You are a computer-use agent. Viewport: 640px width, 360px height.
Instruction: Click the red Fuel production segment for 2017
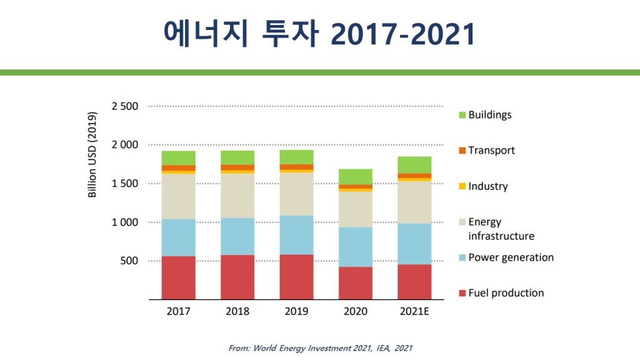click(x=178, y=277)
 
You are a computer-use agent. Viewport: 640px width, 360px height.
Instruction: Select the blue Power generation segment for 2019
click(x=296, y=235)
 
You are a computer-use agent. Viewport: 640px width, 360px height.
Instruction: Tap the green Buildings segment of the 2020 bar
click(x=355, y=176)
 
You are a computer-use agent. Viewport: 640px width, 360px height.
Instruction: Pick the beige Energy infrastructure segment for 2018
click(x=237, y=196)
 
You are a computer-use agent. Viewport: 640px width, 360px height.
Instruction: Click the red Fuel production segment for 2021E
click(x=414, y=282)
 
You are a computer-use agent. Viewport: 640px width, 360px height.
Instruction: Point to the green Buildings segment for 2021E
click(x=414, y=164)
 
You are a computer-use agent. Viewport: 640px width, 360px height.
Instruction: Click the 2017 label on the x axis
click(x=178, y=311)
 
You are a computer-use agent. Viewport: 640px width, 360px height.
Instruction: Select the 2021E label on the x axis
click(x=414, y=311)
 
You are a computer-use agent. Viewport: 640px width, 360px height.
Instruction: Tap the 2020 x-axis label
click(x=355, y=311)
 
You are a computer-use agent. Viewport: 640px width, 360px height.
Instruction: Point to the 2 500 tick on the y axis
click(x=124, y=106)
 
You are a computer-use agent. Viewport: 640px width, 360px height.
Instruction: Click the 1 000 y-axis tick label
click(x=124, y=222)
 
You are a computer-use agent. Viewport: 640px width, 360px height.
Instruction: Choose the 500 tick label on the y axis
click(x=129, y=261)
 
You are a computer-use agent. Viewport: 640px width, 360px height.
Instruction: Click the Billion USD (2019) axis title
click(x=92, y=154)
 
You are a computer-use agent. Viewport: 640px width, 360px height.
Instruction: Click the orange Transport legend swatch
click(x=462, y=151)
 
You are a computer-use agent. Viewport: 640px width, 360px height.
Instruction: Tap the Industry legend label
click(x=488, y=186)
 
